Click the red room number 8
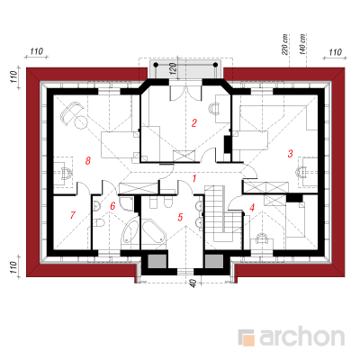point(87,161)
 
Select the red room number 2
point(194,122)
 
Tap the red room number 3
point(290,154)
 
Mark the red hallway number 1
point(194,179)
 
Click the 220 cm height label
point(285,44)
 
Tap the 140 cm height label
point(302,44)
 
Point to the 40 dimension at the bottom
point(193,283)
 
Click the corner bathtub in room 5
point(154,231)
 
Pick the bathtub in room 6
point(130,230)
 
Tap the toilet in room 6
point(98,223)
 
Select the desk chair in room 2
point(214,108)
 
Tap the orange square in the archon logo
point(247,339)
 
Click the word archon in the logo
point(301,337)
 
